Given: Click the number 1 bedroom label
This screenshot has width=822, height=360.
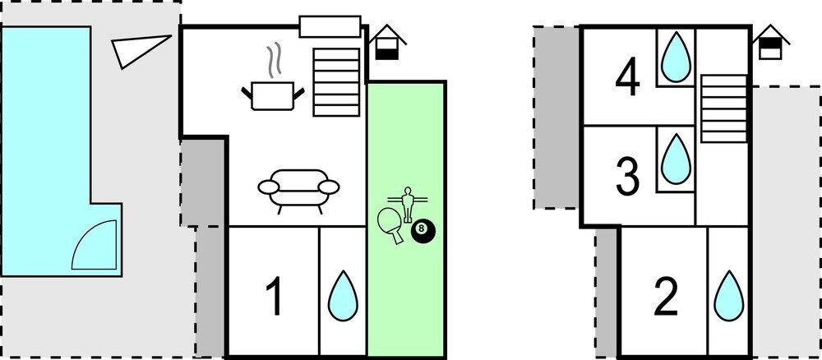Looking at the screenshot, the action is [275, 297].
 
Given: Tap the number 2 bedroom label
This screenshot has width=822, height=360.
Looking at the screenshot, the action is [667, 297].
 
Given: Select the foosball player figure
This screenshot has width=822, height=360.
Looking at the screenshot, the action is [407, 203].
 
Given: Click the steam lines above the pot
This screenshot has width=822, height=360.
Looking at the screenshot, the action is [273, 61].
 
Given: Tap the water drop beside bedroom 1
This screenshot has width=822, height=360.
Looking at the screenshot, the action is [343, 296].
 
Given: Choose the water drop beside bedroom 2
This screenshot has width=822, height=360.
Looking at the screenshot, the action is [728, 296].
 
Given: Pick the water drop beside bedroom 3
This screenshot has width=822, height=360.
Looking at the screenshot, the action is [677, 159].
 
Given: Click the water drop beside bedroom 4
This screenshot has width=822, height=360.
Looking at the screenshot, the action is [677, 57].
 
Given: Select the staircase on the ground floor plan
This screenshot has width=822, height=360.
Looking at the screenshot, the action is [336, 82].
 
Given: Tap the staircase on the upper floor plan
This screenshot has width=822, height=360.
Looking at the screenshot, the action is [723, 108].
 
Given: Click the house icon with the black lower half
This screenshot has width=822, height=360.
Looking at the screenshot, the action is [389, 43].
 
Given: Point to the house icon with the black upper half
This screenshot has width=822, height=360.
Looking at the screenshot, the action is [771, 43].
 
